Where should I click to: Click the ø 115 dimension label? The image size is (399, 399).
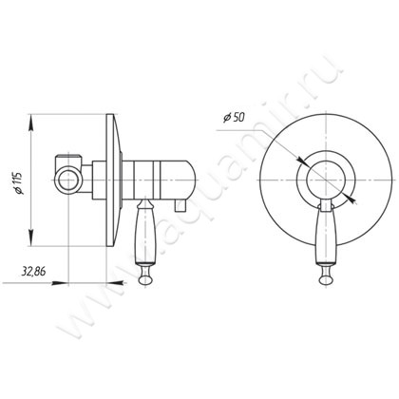coord(20,183)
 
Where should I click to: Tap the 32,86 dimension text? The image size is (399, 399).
coord(33,272)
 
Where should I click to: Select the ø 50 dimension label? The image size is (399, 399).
coord(234,118)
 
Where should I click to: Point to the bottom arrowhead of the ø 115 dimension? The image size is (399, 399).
coord(31,237)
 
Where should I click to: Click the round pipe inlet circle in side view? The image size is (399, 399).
coord(68,180)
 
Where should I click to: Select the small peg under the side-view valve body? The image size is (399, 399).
coord(180,206)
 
